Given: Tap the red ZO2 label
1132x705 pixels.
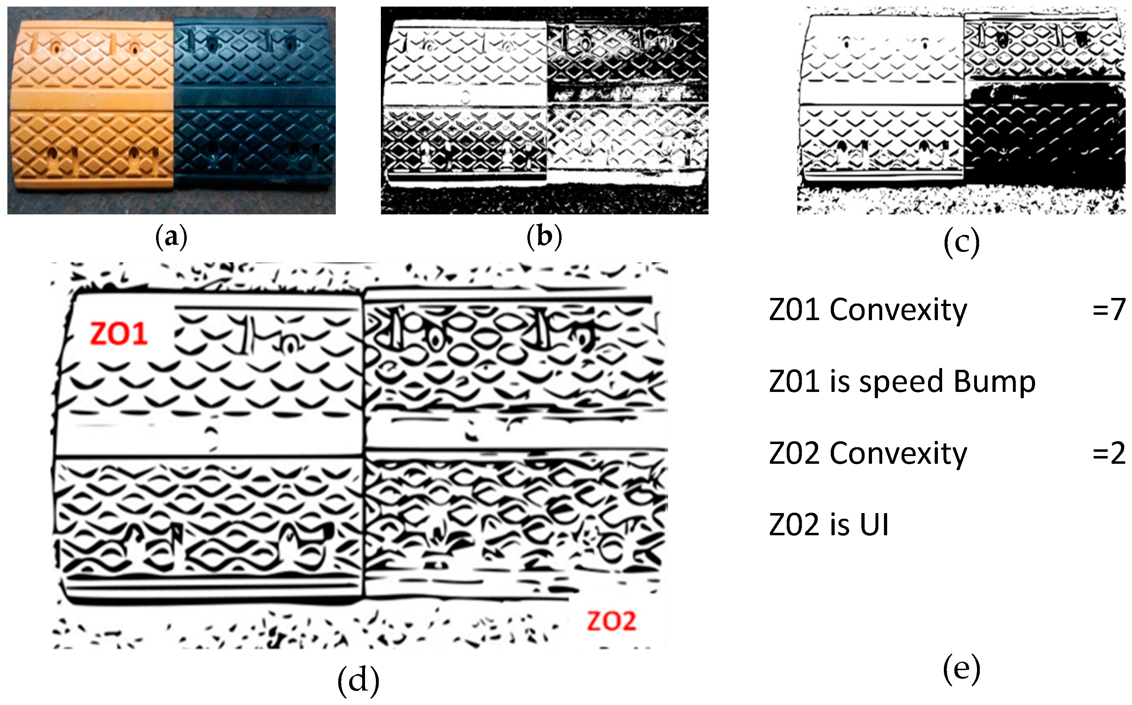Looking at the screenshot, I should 611,621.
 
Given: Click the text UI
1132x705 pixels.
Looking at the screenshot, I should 874,525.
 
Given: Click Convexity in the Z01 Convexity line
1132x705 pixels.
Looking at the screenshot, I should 898,311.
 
